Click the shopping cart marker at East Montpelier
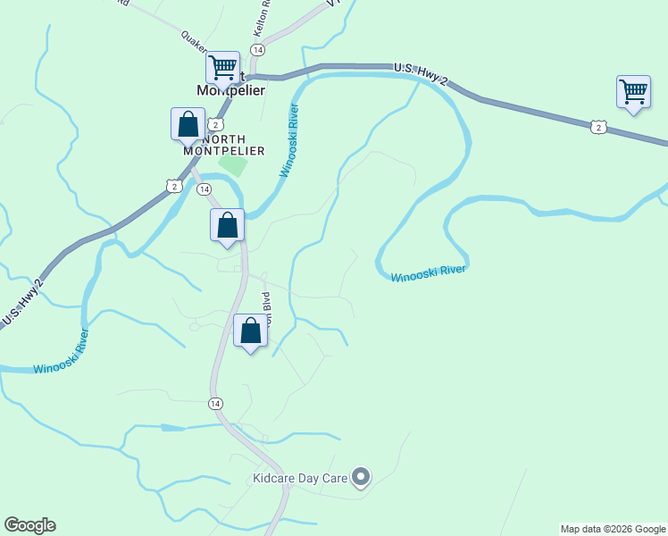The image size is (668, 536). [222, 68]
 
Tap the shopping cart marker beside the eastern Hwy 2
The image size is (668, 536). [633, 92]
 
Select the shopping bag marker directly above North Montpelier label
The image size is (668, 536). [188, 124]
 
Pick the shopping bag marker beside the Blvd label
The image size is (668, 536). [251, 331]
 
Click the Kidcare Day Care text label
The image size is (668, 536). [299, 479]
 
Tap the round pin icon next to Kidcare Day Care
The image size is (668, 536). [361, 478]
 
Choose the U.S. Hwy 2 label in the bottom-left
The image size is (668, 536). [22, 303]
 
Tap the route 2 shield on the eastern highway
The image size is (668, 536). [598, 128]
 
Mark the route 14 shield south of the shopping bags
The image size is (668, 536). [215, 404]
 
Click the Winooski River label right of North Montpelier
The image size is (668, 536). [288, 140]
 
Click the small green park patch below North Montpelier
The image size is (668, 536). [233, 164]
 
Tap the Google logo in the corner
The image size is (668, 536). [29, 525]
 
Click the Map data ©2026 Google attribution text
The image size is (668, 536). [614, 529]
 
